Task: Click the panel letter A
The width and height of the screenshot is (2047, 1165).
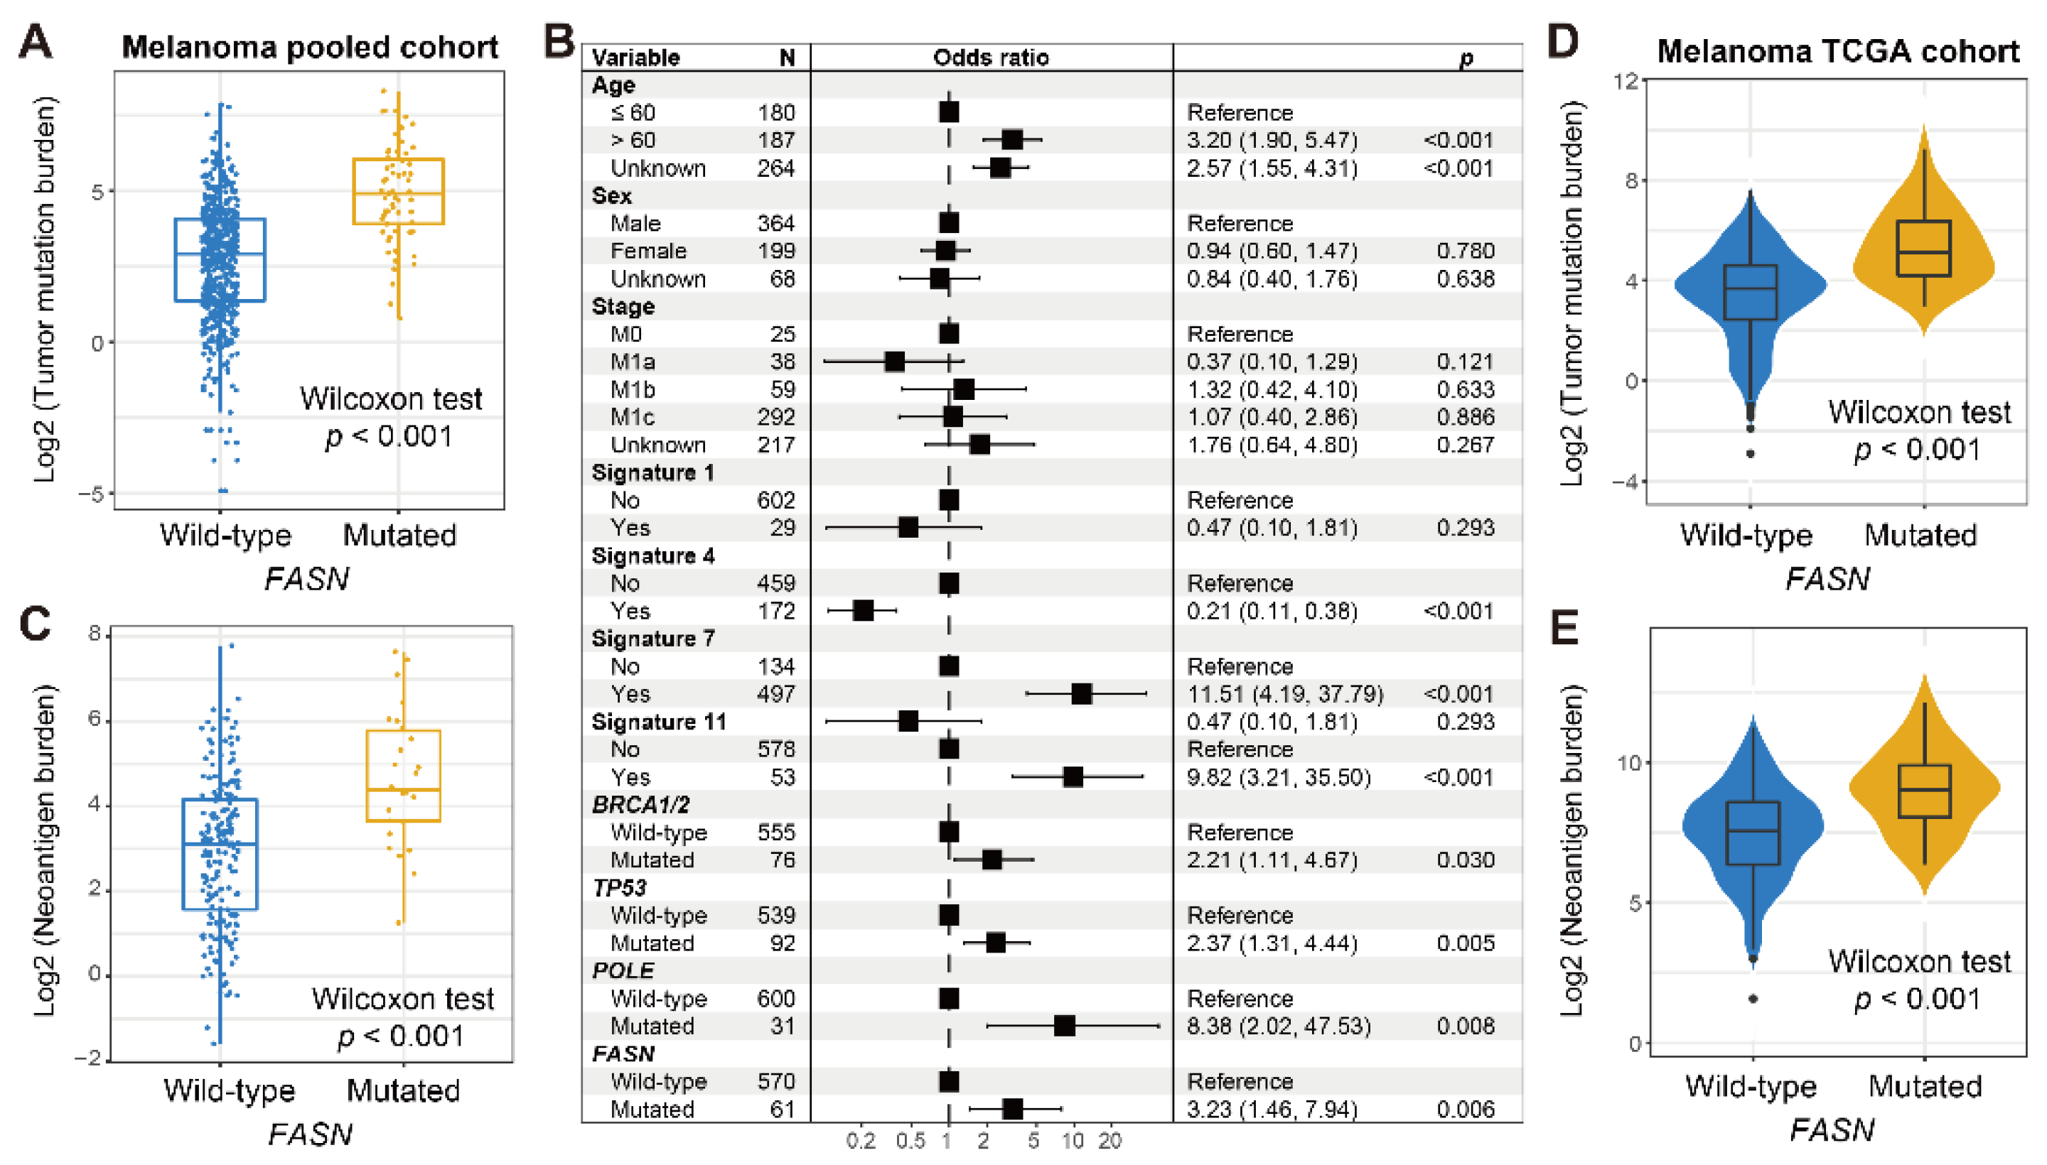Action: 36,42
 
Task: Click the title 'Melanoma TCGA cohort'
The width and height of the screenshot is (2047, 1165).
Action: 1837,51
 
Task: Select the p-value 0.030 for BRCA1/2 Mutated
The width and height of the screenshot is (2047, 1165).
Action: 1465,860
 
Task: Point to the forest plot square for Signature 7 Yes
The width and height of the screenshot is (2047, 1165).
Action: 1081,694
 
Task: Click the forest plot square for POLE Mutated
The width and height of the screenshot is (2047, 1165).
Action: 1064,1026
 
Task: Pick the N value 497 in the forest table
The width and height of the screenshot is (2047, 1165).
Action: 775,694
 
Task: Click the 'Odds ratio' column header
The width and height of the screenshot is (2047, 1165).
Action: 990,58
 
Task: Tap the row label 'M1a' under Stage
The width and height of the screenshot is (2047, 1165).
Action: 633,362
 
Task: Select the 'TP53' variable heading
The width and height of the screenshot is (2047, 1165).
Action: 619,887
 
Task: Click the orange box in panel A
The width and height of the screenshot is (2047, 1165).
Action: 399,192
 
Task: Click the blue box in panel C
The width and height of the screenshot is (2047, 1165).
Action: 220,854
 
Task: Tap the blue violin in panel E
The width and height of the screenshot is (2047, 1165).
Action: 1753,832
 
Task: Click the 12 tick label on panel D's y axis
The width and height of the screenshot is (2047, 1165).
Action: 1628,81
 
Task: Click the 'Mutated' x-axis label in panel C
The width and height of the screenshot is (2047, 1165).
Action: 403,1090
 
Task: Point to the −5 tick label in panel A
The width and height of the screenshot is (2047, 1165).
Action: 91,494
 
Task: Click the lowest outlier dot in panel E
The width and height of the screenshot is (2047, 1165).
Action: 1753,999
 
